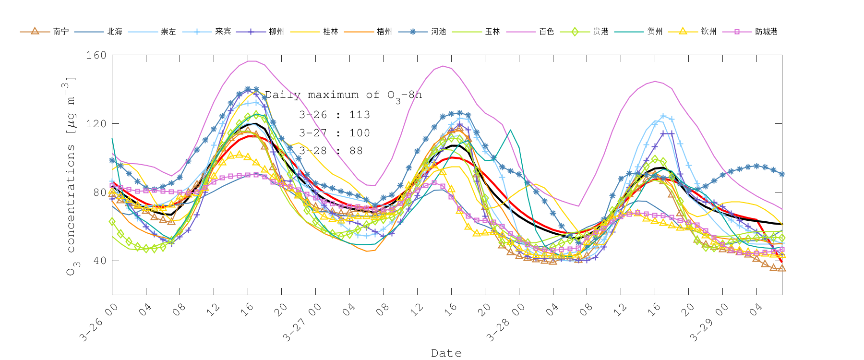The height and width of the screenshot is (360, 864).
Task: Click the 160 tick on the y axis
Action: [x=96, y=55]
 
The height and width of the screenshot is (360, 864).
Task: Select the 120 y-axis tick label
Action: [x=96, y=124]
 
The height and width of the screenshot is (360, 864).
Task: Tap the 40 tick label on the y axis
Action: [x=99, y=261]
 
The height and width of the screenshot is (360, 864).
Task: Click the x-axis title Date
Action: [x=446, y=353]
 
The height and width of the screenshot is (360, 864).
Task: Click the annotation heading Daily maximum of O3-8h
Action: [x=343, y=95]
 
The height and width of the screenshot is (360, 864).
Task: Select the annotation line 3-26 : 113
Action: [x=335, y=115]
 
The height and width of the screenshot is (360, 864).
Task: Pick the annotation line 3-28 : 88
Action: [x=331, y=151]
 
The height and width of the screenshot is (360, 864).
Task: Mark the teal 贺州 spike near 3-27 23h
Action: [x=510, y=130]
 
